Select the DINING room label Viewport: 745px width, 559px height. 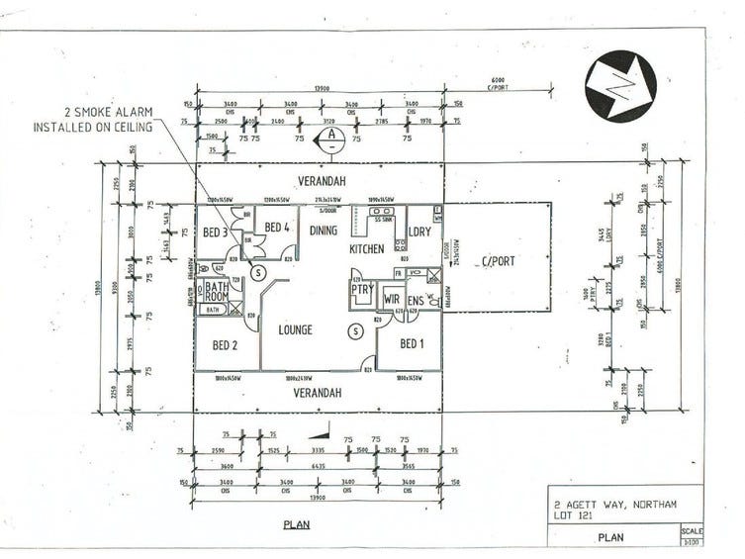(324, 231)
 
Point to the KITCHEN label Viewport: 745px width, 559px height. (366, 249)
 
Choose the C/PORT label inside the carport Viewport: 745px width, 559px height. (498, 261)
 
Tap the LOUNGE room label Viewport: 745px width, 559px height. (295, 329)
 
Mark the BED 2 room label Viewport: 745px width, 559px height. (225, 345)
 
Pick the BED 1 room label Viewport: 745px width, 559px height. (412, 344)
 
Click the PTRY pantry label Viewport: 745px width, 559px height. (363, 293)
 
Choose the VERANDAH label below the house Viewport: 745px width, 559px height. (319, 392)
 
